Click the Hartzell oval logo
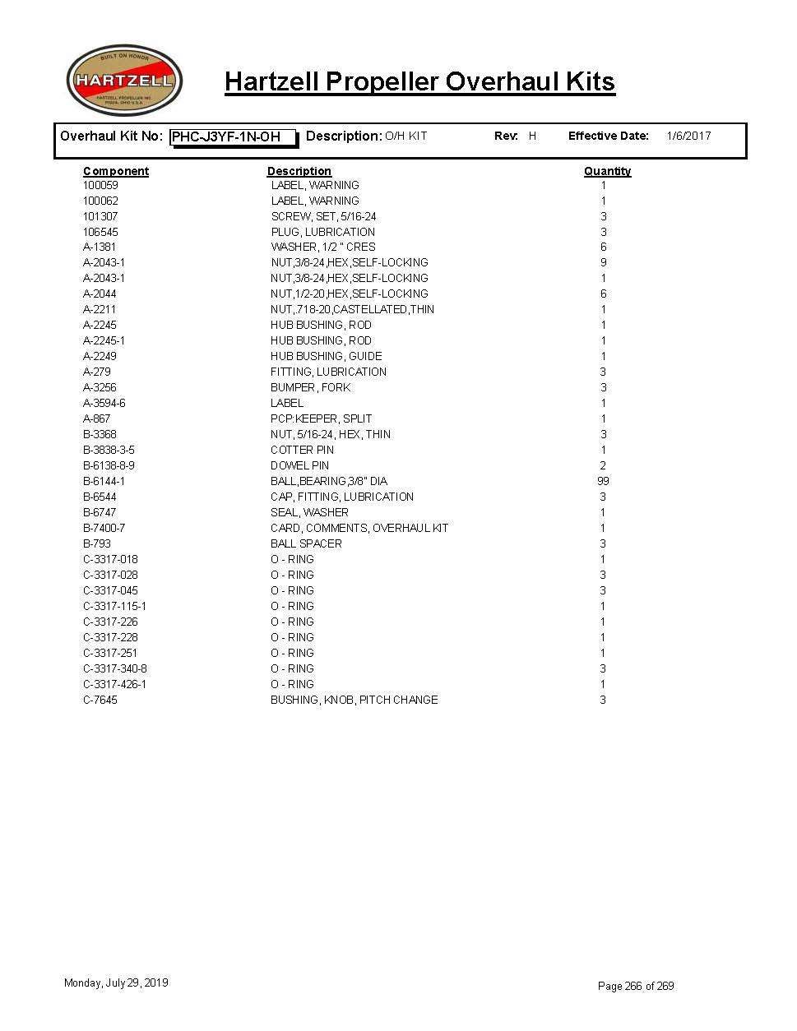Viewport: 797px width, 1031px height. coord(124,81)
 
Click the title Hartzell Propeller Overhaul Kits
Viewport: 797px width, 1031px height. coord(419,82)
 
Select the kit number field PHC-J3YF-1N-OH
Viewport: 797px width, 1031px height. coord(233,137)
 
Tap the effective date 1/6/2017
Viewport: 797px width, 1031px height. coord(688,136)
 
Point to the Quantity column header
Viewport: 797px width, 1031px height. coord(607,171)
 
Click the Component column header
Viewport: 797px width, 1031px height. coord(116,171)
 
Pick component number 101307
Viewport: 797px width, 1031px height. coord(100,216)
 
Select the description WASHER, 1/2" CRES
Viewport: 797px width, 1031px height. coord(323,247)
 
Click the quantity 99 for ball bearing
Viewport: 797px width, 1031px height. coord(603,481)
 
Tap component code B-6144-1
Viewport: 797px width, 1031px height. coord(104,481)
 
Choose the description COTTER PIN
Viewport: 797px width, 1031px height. coord(302,450)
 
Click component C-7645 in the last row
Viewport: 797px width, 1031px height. coord(100,700)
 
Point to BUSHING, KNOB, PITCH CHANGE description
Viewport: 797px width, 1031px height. coord(354,700)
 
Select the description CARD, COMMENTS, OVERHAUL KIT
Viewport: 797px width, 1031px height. coord(359,528)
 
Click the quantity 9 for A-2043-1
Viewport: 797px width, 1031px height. coord(603,262)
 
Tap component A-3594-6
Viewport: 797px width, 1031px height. coord(104,403)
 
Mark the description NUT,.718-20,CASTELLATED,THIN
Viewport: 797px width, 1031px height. coord(352,309)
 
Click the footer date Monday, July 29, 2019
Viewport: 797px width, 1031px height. coord(116,982)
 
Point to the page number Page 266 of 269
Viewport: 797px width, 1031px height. coord(636,986)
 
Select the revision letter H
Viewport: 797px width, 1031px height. coord(532,136)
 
